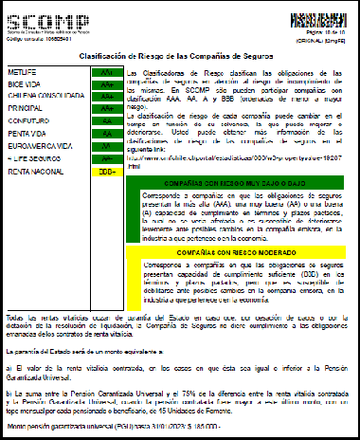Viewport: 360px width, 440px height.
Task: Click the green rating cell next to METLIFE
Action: [106, 72]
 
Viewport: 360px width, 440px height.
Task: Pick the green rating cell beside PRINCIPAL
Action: [106, 109]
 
